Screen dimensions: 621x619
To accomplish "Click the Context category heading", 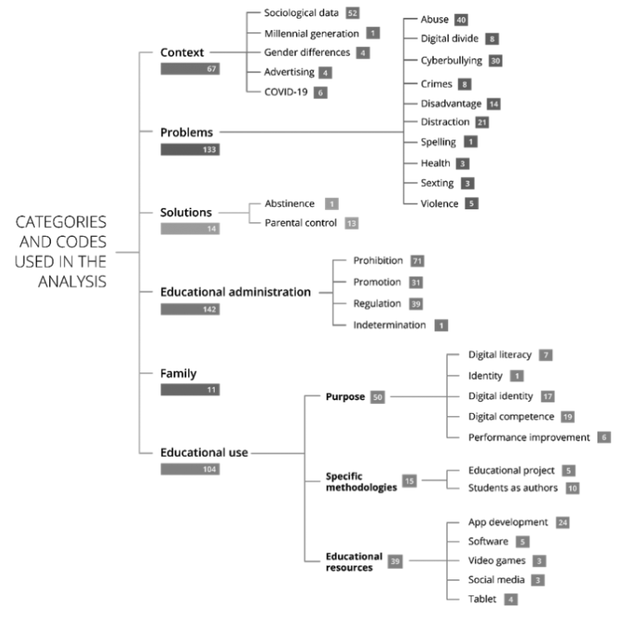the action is pyautogui.click(x=183, y=52).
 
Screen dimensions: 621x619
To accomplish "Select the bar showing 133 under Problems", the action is pyautogui.click(x=191, y=148).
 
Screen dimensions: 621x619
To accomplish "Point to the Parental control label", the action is pyautogui.click(x=300, y=222).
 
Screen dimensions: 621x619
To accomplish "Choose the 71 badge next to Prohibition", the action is pyautogui.click(x=418, y=260).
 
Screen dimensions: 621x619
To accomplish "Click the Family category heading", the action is pyautogui.click(x=179, y=373).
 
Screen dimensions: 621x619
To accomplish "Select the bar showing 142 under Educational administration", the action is pyautogui.click(x=191, y=309).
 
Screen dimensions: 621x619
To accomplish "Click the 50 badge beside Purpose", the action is pyautogui.click(x=377, y=397).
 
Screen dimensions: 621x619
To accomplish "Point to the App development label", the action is pyautogui.click(x=508, y=522).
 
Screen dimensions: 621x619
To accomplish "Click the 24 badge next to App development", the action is pyautogui.click(x=563, y=522).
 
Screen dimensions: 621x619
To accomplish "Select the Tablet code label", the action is pyautogui.click(x=482, y=599).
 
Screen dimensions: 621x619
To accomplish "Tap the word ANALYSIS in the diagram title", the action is pyautogui.click(x=75, y=282).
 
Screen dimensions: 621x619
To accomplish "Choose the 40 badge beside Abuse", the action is pyautogui.click(x=461, y=19).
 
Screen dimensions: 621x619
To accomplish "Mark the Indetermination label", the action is pyautogui.click(x=389, y=325).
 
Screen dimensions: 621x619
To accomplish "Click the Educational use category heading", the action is pyautogui.click(x=203, y=453).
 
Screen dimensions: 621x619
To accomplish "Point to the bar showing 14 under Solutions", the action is pyautogui.click(x=191, y=229).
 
